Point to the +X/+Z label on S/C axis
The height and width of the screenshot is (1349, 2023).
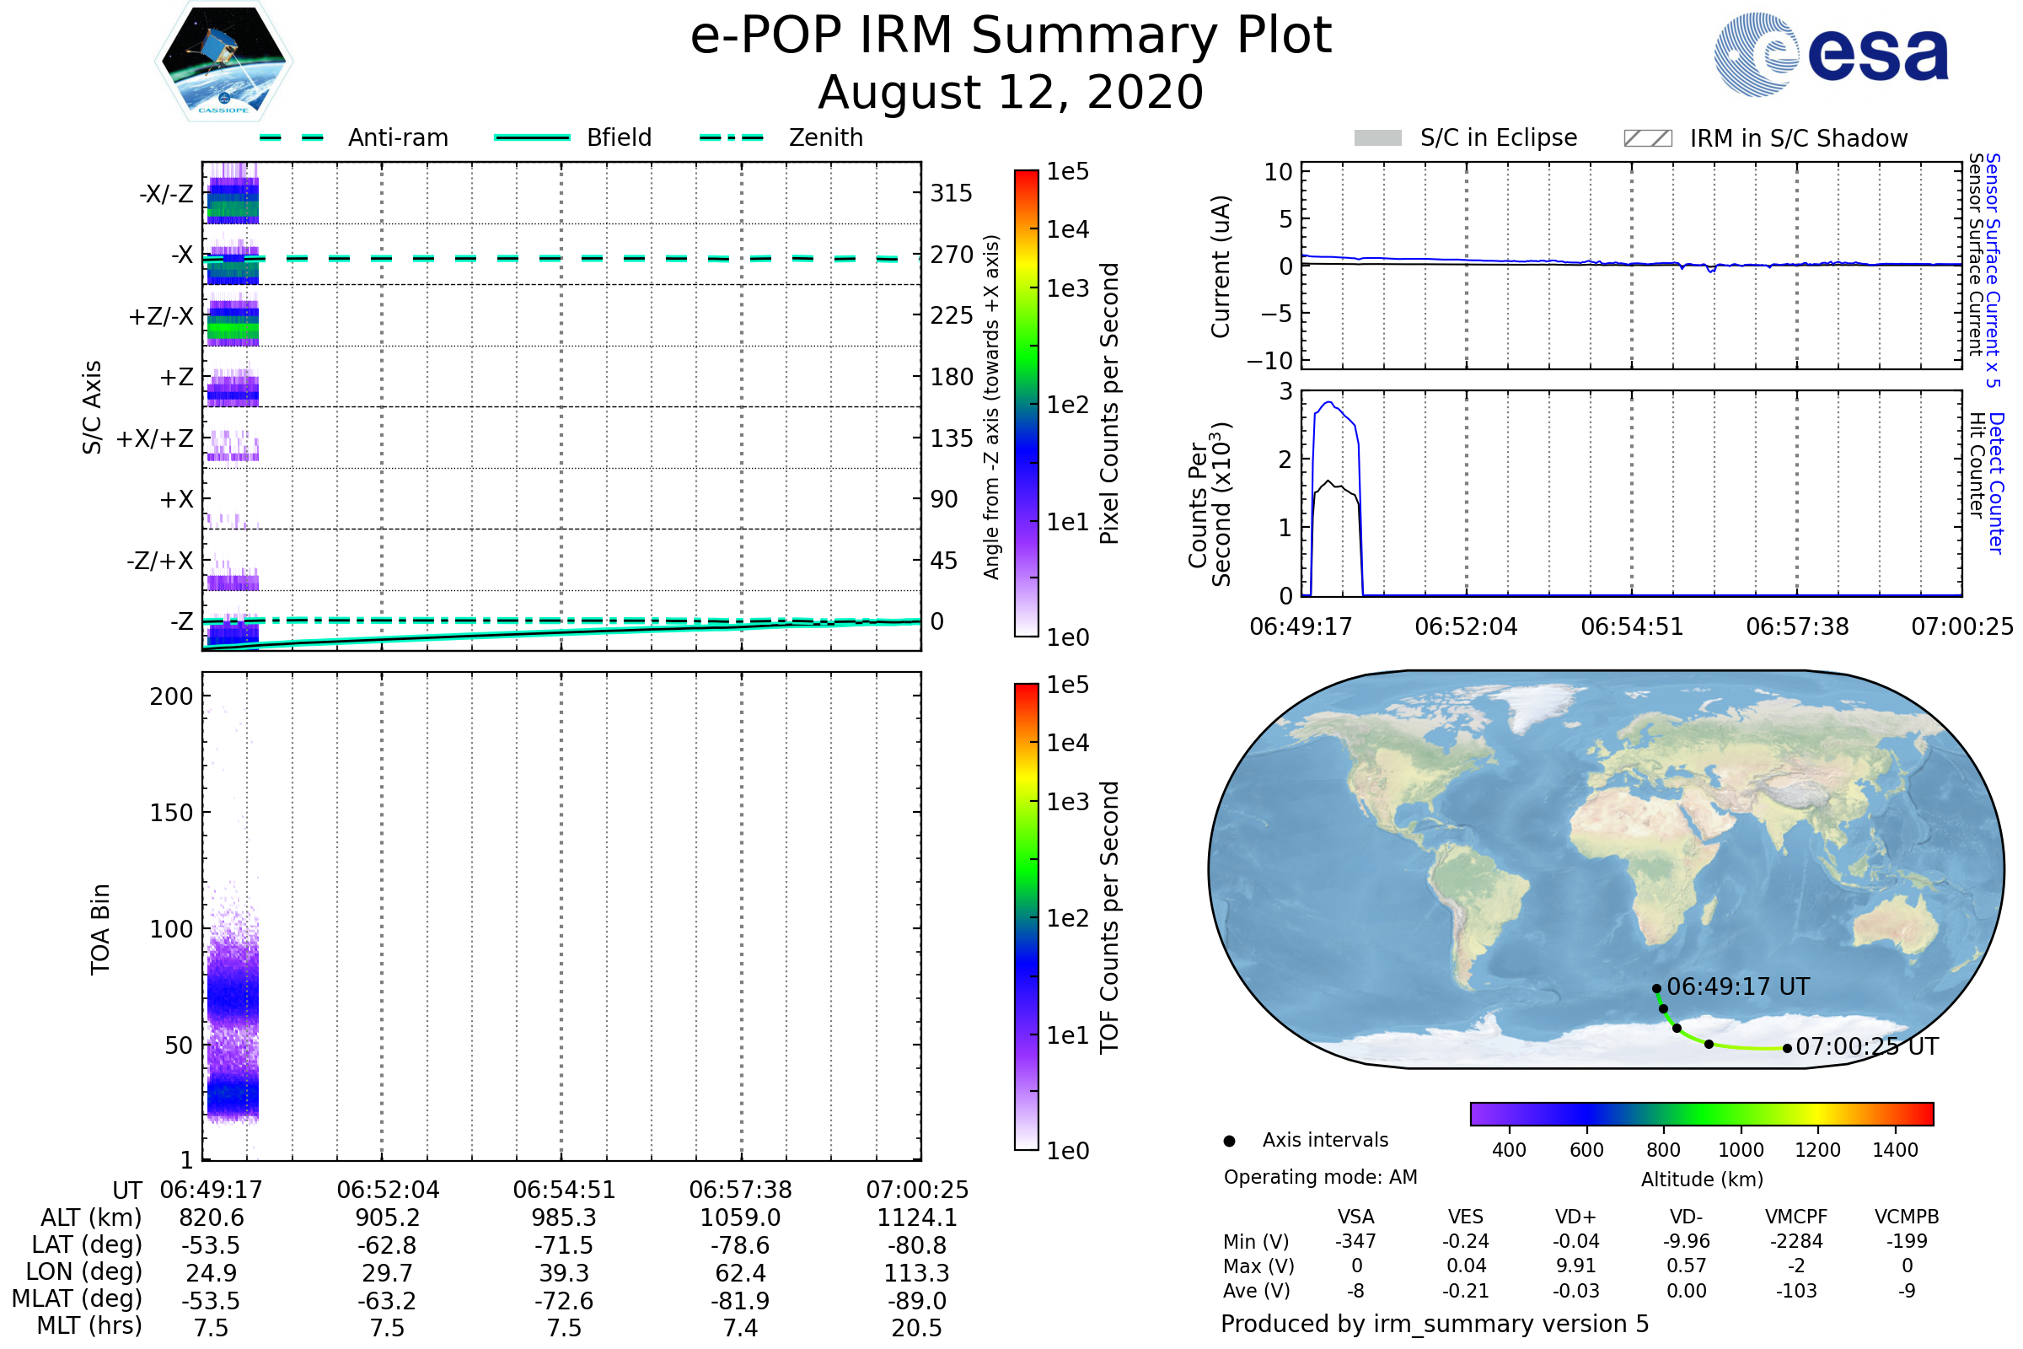[155, 438]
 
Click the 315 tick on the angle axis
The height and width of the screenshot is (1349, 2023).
[951, 193]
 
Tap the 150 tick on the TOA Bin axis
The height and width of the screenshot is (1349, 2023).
[171, 813]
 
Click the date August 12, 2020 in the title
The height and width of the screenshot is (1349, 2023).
[1011, 92]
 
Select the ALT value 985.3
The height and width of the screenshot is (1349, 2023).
[564, 1217]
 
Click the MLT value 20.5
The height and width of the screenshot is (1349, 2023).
[917, 1327]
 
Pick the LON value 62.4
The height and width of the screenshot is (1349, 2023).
[741, 1272]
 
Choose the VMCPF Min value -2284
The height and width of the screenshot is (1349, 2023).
[1796, 1241]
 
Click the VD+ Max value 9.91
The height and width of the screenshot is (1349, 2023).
[1575, 1266]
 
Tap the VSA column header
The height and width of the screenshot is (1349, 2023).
[1355, 1217]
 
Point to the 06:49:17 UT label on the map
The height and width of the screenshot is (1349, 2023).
[1737, 986]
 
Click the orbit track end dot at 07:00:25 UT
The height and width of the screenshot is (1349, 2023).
[1787, 1048]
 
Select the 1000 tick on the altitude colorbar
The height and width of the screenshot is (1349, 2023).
[1741, 1150]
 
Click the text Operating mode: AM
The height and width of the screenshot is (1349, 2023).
[1320, 1177]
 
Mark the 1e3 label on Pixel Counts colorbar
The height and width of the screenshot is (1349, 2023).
[1067, 288]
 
